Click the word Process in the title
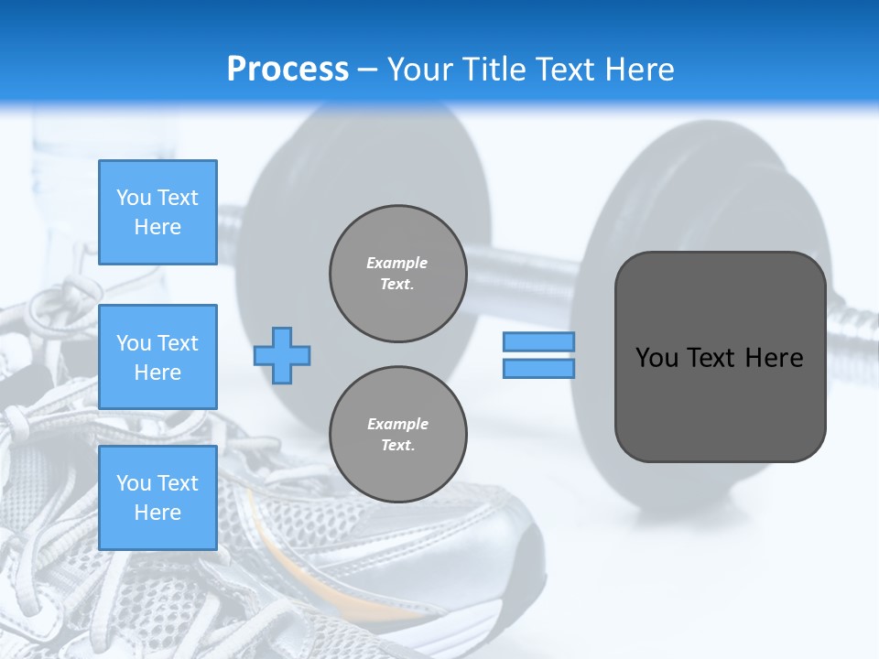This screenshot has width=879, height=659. pyautogui.click(x=288, y=70)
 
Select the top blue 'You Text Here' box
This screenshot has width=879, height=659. pyautogui.click(x=157, y=212)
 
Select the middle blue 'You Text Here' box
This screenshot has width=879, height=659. pyautogui.click(x=157, y=357)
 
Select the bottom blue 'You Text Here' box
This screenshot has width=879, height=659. pyautogui.click(x=157, y=498)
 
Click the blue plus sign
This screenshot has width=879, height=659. pyautogui.click(x=282, y=355)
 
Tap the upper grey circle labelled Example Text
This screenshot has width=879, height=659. pyautogui.click(x=397, y=274)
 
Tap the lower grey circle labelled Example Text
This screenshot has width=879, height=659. pyautogui.click(x=397, y=435)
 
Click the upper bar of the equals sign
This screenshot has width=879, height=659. pyautogui.click(x=538, y=342)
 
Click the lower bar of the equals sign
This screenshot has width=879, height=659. pyautogui.click(x=538, y=368)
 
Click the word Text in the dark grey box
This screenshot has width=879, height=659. pyautogui.click(x=720, y=358)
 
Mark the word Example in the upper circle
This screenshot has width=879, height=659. pyautogui.click(x=397, y=263)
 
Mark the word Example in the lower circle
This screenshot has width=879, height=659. pyautogui.click(x=397, y=424)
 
